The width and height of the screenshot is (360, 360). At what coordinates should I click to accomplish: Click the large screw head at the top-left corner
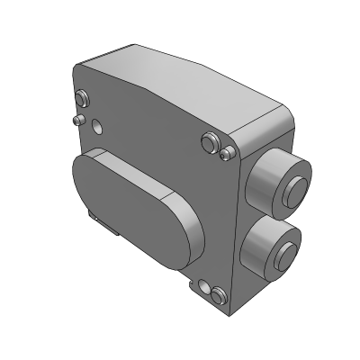83,95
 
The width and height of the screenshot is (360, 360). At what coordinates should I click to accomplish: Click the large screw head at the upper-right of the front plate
211,141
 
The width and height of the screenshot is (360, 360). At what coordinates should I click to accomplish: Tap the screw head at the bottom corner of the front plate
215,292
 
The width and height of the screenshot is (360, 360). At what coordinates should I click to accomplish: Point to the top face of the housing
180,81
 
